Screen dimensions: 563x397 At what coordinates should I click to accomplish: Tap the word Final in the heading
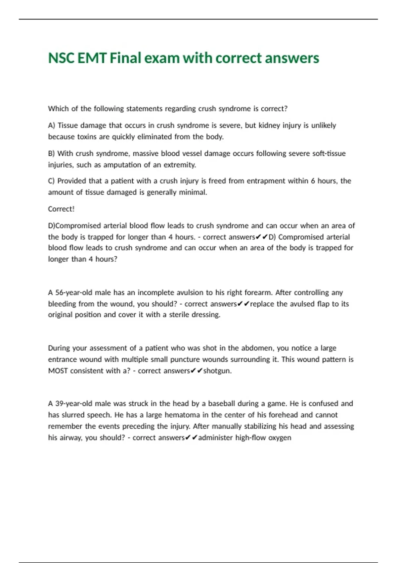click(x=125, y=58)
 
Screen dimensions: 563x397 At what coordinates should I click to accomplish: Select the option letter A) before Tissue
click(x=51, y=126)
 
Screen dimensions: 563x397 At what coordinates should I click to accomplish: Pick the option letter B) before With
click(x=51, y=153)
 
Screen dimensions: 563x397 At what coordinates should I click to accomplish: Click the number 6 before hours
click(x=313, y=181)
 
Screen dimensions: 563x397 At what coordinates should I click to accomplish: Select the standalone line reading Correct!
click(x=61, y=209)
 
